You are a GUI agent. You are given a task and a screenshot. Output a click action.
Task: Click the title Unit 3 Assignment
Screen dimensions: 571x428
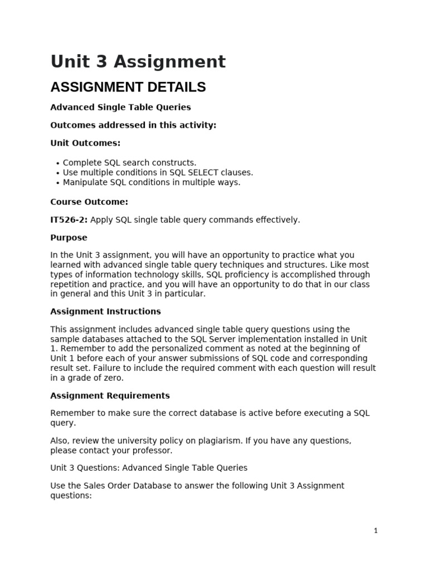click(138, 61)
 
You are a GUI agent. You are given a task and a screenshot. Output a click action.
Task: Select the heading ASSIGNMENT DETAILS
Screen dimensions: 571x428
click(128, 87)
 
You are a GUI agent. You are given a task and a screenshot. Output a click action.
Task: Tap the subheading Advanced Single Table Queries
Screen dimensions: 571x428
click(120, 107)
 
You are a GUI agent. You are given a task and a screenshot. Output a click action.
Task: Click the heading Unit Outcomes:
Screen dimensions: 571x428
click(85, 143)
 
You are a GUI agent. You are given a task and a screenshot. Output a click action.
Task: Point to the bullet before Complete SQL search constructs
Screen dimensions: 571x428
click(58, 163)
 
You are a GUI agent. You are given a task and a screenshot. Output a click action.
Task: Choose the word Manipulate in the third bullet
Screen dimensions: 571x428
click(85, 182)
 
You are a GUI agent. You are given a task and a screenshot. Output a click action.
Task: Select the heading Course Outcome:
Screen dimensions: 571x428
click(89, 202)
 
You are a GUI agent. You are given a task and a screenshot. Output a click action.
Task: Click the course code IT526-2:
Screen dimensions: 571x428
click(69, 220)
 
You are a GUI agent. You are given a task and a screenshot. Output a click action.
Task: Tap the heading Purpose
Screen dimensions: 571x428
click(69, 238)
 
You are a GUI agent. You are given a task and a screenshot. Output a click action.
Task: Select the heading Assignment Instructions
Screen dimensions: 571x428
click(105, 311)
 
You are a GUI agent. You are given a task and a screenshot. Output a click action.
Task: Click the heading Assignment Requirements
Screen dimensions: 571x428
click(110, 395)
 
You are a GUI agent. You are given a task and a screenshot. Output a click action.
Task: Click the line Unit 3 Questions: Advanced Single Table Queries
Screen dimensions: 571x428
click(149, 468)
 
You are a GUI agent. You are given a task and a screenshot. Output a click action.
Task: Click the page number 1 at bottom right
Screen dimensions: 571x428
click(376, 531)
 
